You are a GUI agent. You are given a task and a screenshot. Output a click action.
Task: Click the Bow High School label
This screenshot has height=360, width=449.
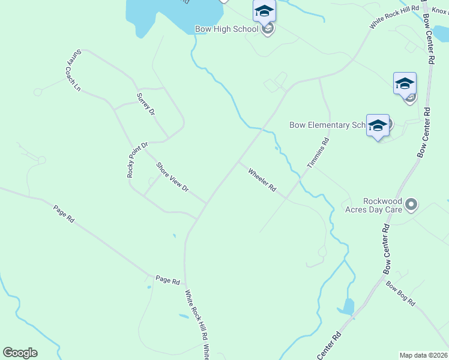(226, 29)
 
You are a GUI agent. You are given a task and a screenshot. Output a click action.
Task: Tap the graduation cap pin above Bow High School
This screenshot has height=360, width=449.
(264, 11)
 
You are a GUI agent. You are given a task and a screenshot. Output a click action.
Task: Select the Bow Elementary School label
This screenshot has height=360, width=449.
(327, 125)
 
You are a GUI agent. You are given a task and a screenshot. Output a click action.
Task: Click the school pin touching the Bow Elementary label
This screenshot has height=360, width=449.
(378, 126)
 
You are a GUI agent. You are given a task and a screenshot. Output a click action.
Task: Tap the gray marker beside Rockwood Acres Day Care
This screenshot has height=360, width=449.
(411, 205)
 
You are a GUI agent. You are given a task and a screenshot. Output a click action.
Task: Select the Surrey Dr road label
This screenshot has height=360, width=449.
(145, 104)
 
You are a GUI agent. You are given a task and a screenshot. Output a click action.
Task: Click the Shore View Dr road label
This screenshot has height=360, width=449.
(172, 178)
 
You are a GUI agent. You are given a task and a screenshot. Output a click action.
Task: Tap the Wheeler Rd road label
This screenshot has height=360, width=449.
(262, 180)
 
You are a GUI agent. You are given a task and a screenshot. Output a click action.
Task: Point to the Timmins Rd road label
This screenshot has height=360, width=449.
(318, 153)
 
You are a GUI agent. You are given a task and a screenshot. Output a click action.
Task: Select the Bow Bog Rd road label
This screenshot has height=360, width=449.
(400, 294)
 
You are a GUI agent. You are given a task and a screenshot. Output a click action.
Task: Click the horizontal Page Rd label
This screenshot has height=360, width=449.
(167, 280)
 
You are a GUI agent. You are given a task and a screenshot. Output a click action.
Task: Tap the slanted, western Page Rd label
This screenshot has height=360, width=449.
(63, 214)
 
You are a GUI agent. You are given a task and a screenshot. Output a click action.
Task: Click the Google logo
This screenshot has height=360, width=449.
(20, 353)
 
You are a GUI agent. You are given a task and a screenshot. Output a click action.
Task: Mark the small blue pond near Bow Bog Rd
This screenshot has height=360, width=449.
(346, 307)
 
